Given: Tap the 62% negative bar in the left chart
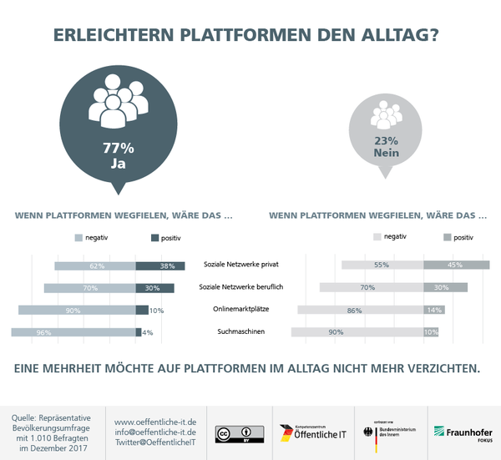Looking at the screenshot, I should pos(95,266).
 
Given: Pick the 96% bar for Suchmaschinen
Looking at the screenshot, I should pos(73,332).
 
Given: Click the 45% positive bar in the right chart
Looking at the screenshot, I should pos(456,265).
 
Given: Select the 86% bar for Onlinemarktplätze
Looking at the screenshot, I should pos(361,310).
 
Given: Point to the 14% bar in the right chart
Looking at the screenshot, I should pos(434,310).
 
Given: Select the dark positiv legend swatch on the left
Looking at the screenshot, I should pos(154,238).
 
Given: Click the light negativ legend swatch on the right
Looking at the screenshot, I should pos(375,238).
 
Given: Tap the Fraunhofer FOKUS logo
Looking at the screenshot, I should pos(462,432).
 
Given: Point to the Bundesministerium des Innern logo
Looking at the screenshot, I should pos(388,432).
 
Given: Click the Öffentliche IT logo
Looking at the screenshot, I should pos(312,432).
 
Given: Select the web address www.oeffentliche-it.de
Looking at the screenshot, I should pos(154,422).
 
